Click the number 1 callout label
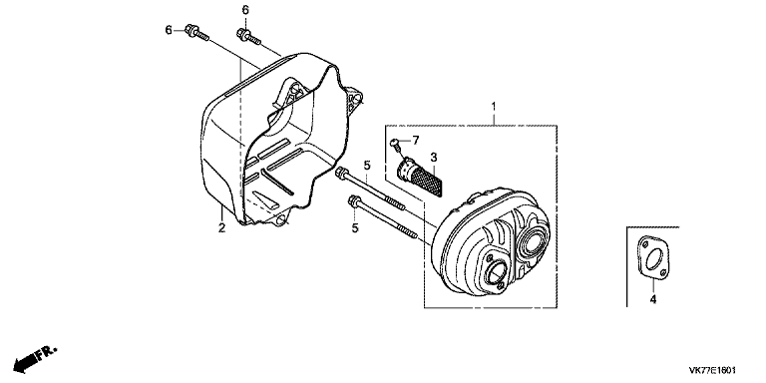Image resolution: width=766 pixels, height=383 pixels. [493, 105]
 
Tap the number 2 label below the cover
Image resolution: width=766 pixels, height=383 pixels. [221, 228]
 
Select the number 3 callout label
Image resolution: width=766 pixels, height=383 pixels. [434, 158]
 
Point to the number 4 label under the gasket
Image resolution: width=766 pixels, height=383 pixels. [653, 298]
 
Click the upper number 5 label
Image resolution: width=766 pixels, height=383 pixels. [367, 165]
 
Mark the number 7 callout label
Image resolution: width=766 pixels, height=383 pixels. [416, 140]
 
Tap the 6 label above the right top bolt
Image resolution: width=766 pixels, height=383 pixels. [244, 10]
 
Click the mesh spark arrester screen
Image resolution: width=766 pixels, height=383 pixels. [426, 179]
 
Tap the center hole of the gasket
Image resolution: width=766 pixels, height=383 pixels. [656, 259]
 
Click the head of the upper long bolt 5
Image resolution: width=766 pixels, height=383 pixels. [344, 176]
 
